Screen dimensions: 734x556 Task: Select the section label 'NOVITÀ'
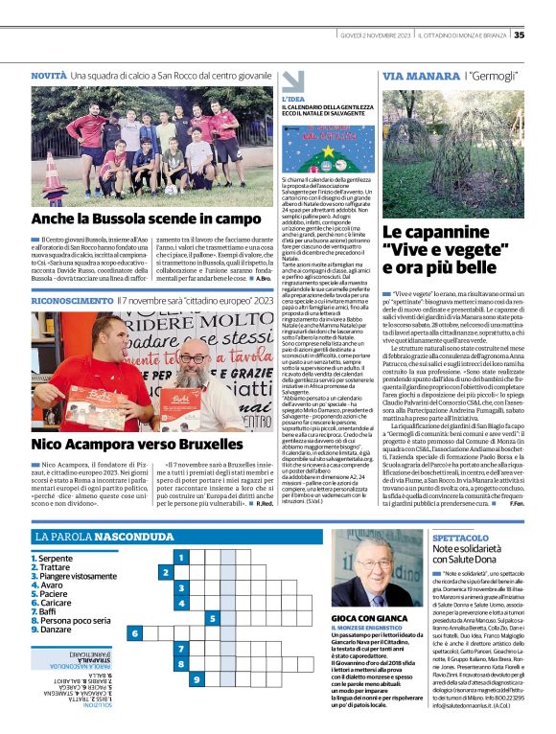pyautogui.click(x=49, y=75)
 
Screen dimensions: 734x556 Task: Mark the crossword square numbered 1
pyautogui.click(x=180, y=556)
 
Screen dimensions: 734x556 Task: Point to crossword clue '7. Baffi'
pyautogui.click(x=47, y=610)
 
